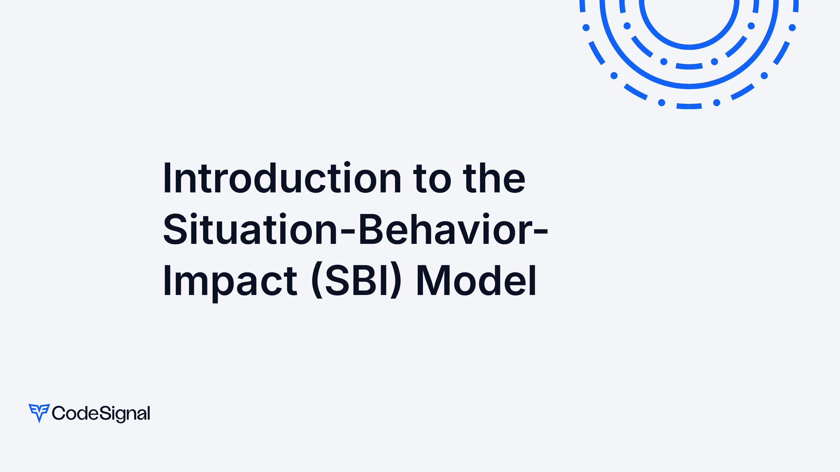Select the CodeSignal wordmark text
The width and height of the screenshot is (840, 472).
(101, 413)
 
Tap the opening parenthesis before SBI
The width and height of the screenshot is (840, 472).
(317, 281)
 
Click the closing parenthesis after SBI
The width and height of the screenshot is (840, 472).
(396, 281)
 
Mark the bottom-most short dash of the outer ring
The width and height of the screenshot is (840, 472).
(689, 106)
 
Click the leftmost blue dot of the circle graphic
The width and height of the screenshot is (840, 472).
(586, 28)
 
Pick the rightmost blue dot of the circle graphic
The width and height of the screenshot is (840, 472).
(792, 28)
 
